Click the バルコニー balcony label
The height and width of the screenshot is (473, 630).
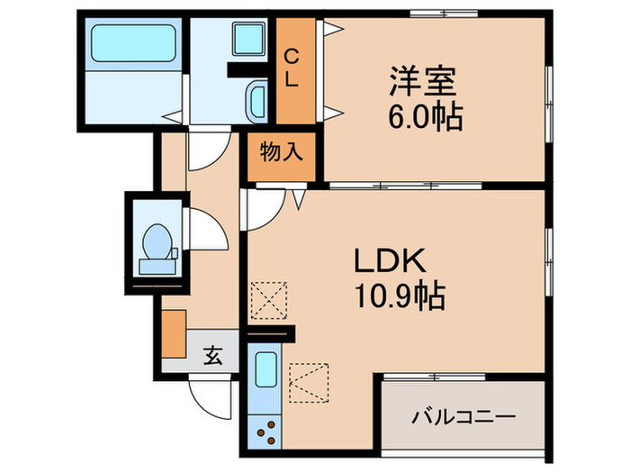pyautogui.click(x=463, y=418)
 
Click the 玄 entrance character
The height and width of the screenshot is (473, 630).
pyautogui.click(x=212, y=356)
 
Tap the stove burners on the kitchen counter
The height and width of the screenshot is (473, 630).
pyautogui.click(x=265, y=429)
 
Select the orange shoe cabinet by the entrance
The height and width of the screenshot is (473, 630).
pyautogui.click(x=174, y=331)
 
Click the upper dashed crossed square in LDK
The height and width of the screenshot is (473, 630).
pyautogui.click(x=267, y=299)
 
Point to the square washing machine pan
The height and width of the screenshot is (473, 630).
pyautogui.click(x=243, y=41)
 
